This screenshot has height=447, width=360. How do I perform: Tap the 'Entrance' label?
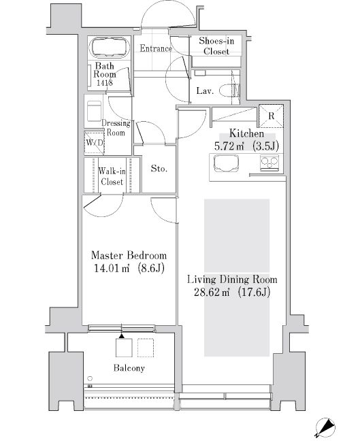(155, 49)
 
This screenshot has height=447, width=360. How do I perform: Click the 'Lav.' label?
(204, 90)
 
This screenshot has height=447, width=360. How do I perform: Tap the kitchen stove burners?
(269, 163)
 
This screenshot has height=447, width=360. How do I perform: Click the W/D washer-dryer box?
(93, 143)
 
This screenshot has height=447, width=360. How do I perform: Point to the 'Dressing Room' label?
(115, 128)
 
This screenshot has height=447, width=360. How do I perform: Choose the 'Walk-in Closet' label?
(112, 177)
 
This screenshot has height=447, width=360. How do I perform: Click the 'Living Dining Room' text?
(233, 280)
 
